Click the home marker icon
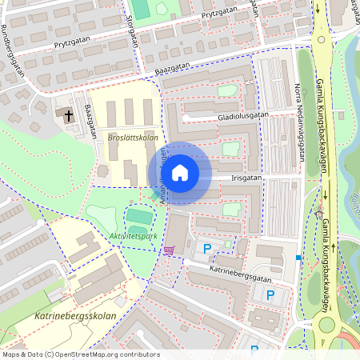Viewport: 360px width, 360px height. coord(180,173)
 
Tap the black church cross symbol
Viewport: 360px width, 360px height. coord(69,115)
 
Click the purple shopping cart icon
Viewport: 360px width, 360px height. coord(168,250)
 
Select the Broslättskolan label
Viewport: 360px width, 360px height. coord(132,138)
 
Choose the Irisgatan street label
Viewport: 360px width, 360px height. coord(246,178)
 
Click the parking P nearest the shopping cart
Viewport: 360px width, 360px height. coord(207,250)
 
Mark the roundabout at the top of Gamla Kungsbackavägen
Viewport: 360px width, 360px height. coord(321,38)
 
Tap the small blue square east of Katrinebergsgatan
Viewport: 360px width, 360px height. coord(298,258)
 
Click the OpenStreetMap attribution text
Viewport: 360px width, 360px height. coord(81,354)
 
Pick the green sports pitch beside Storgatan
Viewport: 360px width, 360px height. coord(141,9)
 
